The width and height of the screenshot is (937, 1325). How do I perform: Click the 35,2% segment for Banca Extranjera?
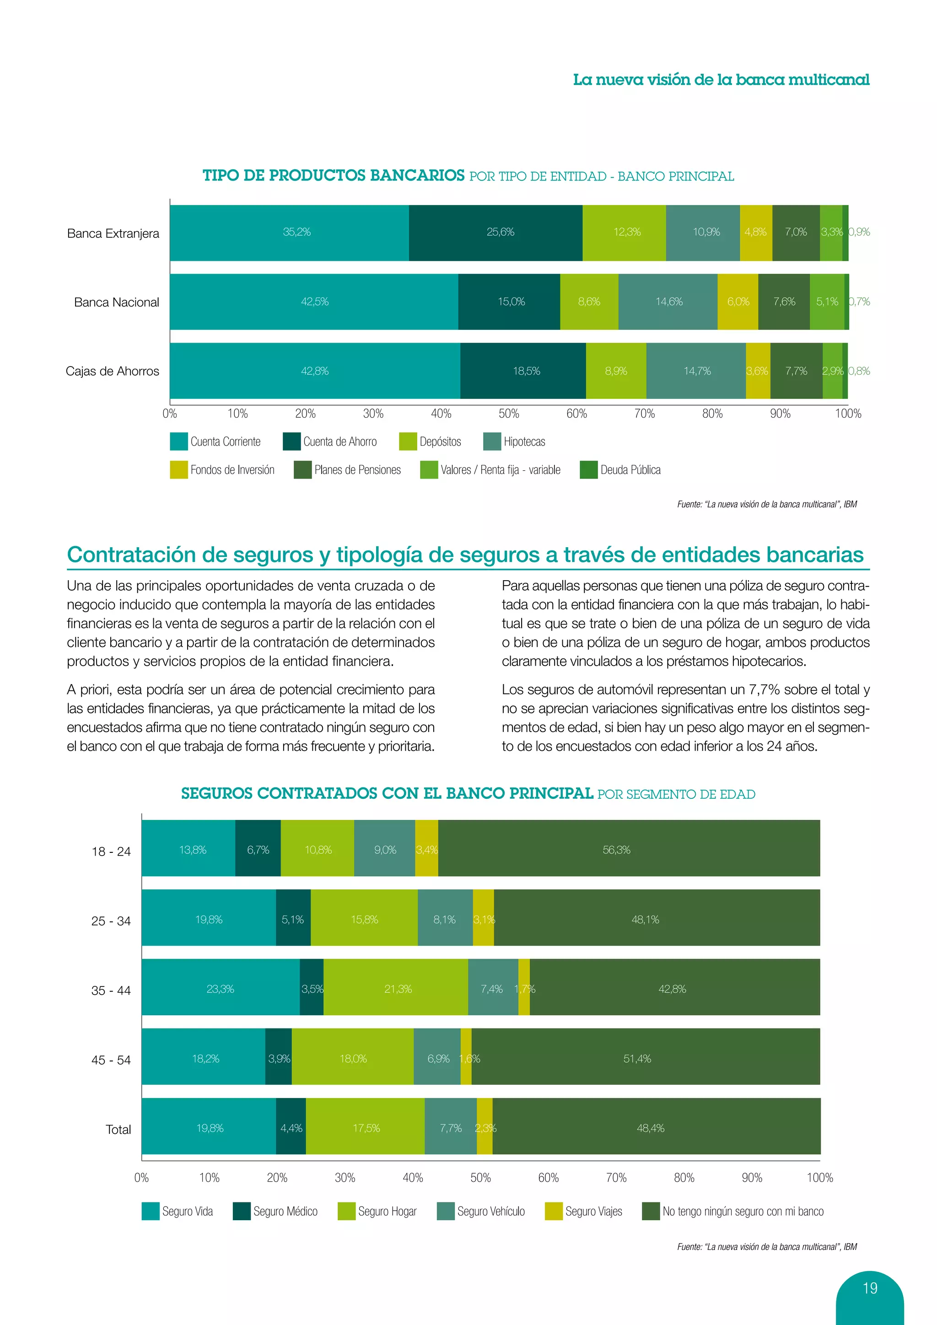coord(290,232)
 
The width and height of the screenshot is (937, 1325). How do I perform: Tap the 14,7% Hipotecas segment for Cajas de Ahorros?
coord(696,371)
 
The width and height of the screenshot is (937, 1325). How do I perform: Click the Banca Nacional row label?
coord(117,302)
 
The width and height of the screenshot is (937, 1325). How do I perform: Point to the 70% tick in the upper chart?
coord(645,414)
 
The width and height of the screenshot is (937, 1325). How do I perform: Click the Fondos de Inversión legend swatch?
coord(179,470)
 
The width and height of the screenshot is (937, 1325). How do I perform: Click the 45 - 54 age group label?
coord(111,1060)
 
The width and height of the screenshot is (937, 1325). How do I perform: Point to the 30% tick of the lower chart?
coord(345,1178)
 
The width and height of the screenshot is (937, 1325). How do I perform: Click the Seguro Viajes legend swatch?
coord(553,1212)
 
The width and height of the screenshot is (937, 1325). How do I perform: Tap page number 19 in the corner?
coord(869,1288)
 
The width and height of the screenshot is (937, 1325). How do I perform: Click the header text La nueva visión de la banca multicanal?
coord(721,80)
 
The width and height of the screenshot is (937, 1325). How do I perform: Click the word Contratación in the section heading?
coord(130,555)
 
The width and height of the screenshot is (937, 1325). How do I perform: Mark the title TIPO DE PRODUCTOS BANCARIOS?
coord(334,175)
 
